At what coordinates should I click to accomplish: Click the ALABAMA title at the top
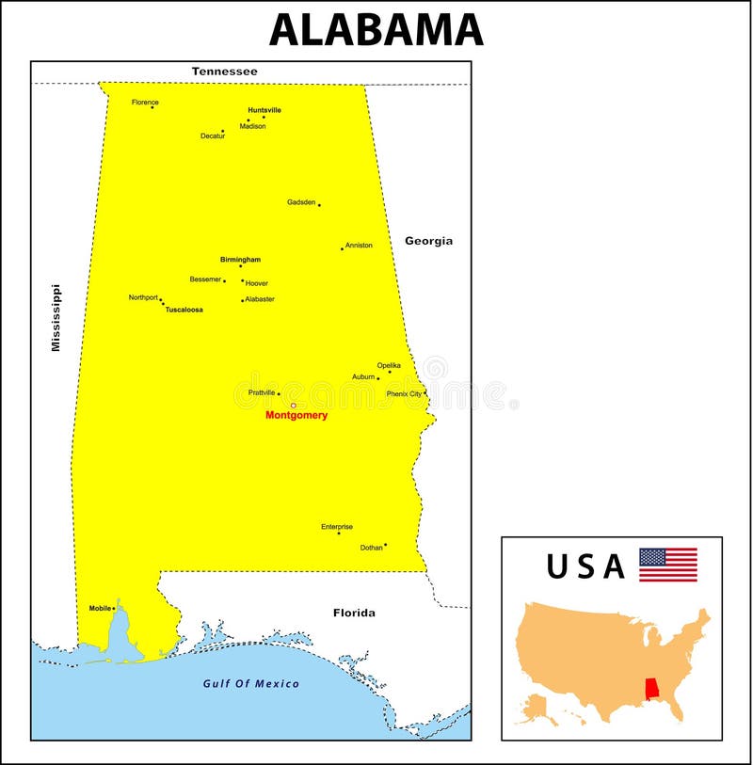tap(376, 30)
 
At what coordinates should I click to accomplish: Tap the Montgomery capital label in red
tap(296, 415)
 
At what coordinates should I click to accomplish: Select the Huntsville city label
tap(264, 110)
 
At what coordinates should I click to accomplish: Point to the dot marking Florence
tap(152, 107)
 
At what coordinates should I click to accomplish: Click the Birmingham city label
tap(240, 260)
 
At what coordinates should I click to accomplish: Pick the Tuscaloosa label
tap(184, 310)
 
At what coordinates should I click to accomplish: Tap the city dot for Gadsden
tap(319, 205)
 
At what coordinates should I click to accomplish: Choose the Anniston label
tap(359, 246)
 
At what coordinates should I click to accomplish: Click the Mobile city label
tap(100, 608)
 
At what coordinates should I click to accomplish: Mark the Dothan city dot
tap(385, 544)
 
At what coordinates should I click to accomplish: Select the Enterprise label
tap(337, 527)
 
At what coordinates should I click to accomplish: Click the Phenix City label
tap(404, 394)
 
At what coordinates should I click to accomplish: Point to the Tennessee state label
tap(224, 72)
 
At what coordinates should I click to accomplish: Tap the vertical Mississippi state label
tap(56, 318)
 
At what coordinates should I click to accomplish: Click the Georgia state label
tap(428, 241)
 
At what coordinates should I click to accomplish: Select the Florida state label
tap(354, 613)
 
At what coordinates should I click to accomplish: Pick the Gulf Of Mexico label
tap(251, 683)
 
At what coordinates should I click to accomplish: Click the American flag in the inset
tap(668, 565)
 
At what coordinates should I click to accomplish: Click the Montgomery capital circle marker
tap(294, 406)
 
